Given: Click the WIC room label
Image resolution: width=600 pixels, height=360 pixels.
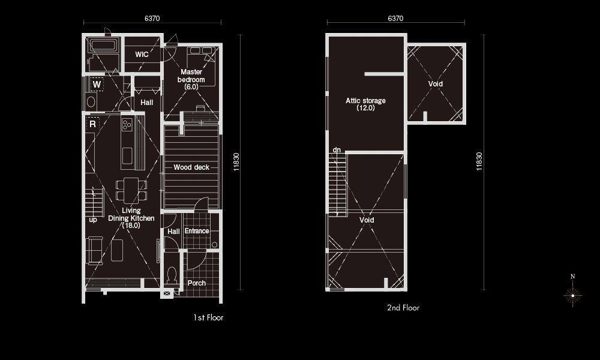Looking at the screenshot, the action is pyautogui.click(x=142, y=55).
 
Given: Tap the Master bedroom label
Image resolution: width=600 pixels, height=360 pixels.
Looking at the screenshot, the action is pyautogui.click(x=191, y=79).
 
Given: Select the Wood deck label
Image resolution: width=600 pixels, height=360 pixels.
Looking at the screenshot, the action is pyautogui.click(x=191, y=167).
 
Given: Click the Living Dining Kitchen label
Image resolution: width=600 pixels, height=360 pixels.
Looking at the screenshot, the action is pyautogui.click(x=131, y=218).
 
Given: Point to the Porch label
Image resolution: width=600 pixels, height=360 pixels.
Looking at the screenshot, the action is pyautogui.click(x=197, y=283).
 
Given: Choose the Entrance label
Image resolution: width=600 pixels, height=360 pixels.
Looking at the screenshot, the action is pyautogui.click(x=197, y=231).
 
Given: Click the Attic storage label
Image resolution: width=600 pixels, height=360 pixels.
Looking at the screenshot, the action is pyautogui.click(x=365, y=104).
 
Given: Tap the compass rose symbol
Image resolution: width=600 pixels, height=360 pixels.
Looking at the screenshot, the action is pyautogui.click(x=572, y=295).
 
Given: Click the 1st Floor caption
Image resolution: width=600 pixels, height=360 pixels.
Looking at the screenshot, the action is pyautogui.click(x=208, y=317).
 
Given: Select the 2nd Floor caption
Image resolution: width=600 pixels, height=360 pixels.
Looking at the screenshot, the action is pyautogui.click(x=403, y=308).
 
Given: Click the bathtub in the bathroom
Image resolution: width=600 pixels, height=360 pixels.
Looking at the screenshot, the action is pyautogui.click(x=103, y=45).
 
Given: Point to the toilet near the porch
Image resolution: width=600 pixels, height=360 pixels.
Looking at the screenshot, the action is pyautogui.click(x=172, y=274).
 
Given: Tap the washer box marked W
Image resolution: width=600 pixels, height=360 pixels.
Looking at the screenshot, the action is pyautogui.click(x=97, y=84).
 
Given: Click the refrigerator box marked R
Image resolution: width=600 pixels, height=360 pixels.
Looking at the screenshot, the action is pyautogui.click(x=92, y=124).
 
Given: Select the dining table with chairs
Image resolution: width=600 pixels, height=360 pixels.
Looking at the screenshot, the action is pyautogui.click(x=131, y=190).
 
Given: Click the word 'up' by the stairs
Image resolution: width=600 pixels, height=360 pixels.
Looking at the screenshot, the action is pyautogui.click(x=93, y=220).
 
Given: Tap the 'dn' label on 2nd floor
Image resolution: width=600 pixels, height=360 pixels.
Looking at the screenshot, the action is pyautogui.click(x=337, y=149).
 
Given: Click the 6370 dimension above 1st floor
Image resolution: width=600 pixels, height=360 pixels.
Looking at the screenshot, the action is pyautogui.click(x=152, y=19).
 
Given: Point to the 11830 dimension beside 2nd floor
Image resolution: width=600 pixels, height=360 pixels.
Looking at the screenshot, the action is pyautogui.click(x=479, y=161).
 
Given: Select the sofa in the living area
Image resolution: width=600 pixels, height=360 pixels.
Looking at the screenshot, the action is pyautogui.click(x=94, y=251).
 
